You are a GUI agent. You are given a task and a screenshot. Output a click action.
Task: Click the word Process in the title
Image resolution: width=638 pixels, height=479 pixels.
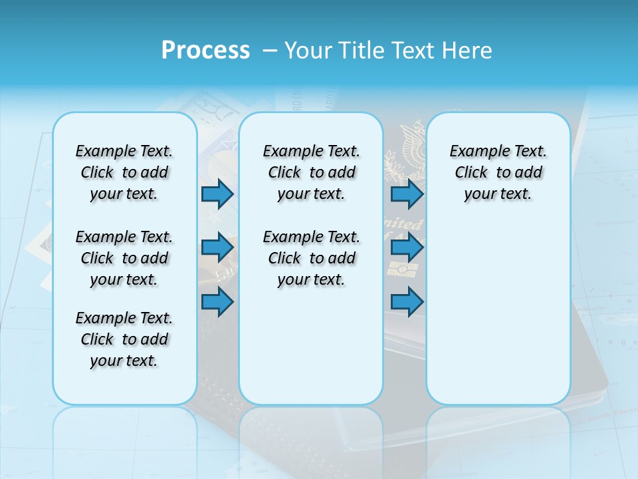(x=205, y=50)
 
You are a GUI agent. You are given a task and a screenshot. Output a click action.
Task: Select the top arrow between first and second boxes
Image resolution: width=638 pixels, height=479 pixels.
(x=217, y=194)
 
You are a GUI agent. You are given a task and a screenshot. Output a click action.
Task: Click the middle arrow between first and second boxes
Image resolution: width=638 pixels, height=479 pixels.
(x=217, y=247)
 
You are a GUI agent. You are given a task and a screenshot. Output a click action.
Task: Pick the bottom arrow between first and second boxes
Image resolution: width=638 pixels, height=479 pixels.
(x=217, y=302)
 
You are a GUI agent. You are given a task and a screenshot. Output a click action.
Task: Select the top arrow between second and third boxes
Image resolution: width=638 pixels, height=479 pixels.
(x=407, y=194)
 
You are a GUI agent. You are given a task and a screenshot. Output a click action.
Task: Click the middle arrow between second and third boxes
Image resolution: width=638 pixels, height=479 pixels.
(x=407, y=247)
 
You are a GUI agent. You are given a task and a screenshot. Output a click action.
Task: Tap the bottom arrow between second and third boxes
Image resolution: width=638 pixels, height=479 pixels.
(x=407, y=302)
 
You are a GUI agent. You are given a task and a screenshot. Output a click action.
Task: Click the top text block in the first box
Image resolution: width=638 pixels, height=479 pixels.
(x=124, y=172)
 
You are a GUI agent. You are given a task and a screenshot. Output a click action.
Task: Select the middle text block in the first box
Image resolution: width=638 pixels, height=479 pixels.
(x=124, y=258)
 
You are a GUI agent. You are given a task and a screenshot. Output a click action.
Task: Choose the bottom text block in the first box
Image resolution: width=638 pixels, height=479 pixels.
(x=124, y=339)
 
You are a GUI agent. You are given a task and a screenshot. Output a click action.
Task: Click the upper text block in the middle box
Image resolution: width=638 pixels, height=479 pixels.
(x=311, y=172)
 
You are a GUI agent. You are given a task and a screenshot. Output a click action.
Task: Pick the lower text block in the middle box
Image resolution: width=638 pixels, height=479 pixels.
(x=311, y=258)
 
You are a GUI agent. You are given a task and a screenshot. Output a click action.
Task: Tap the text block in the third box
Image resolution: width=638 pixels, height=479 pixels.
(x=498, y=172)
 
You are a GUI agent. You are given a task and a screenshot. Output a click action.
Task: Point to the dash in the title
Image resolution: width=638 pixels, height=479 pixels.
(x=270, y=50)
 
